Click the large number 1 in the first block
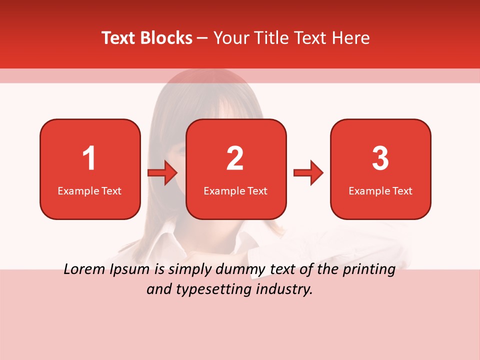[89, 158]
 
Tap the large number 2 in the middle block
[235, 158]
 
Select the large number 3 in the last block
[380, 158]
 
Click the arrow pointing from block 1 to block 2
[162, 173]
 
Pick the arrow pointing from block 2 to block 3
[308, 173]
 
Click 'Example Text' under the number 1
[89, 190]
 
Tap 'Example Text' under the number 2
[235, 190]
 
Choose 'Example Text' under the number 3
[380, 190]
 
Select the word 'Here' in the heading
[352, 38]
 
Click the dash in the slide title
[203, 38]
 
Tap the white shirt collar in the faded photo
[165, 242]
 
